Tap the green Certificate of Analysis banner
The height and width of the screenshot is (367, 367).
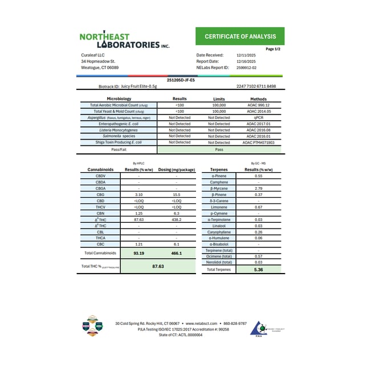240,36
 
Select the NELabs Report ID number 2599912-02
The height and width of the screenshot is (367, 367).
246,67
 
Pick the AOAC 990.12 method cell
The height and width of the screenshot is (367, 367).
259,105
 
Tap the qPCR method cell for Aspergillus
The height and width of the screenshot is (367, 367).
259,117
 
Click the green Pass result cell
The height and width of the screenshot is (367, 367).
219,149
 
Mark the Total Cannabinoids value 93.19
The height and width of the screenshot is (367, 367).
138,252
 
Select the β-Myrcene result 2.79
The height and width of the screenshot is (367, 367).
258,188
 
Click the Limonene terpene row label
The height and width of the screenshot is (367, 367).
219,207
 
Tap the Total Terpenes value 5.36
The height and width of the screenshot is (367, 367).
258,269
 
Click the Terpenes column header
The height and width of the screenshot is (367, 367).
219,169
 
